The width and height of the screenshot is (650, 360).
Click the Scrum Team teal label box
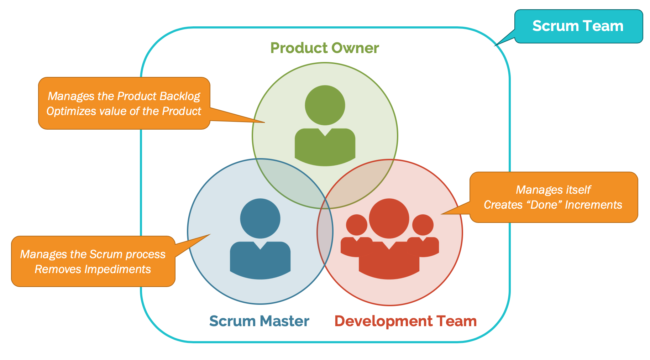pos(578,26)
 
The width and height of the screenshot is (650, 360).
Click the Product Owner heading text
pos(324,48)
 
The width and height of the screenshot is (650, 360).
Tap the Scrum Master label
pos(259,321)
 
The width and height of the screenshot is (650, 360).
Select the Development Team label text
pos(405,321)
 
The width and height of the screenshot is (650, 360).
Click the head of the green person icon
pos(325,105)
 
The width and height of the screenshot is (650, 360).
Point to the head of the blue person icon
pos(260,218)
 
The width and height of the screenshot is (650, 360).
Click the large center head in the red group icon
pos(389,218)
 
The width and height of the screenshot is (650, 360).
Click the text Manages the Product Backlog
pos(124,96)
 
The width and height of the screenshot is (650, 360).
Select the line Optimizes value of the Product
pos(124,111)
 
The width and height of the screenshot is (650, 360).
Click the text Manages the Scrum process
pos(93,254)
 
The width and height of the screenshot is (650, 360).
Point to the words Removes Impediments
pos(93,269)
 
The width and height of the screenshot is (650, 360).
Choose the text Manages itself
pos(553,190)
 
